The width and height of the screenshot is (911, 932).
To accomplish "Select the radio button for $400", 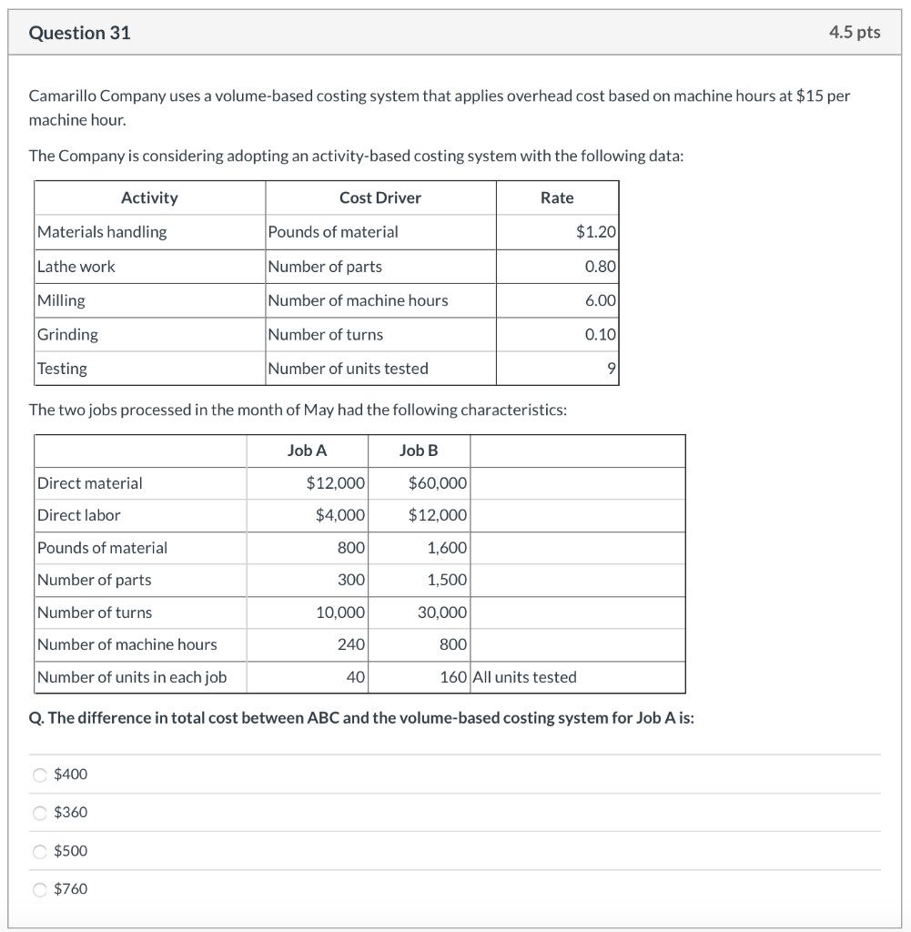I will click(x=40, y=775).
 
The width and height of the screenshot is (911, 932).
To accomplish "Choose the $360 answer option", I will click(x=40, y=813).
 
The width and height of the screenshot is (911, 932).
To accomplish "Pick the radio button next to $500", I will click(x=40, y=851).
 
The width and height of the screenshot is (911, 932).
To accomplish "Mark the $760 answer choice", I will click(x=40, y=889).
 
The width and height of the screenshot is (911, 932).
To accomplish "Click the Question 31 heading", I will click(x=79, y=33).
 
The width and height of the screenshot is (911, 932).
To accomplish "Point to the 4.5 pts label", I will click(x=855, y=33).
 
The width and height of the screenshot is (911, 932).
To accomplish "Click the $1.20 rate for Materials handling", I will click(x=596, y=232).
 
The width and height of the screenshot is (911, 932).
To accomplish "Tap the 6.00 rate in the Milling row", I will click(x=601, y=300).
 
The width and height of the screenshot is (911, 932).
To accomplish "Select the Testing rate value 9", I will click(x=612, y=369).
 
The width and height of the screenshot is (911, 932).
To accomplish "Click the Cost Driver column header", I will click(x=380, y=198).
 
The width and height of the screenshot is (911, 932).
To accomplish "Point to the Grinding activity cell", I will click(x=67, y=335).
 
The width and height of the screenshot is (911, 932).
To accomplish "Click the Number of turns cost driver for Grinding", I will click(x=326, y=335).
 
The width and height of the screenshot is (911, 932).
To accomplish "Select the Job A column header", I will click(x=307, y=451).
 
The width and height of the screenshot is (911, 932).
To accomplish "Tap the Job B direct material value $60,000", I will click(x=438, y=483).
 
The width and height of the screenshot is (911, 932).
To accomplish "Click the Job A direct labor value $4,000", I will click(x=339, y=515).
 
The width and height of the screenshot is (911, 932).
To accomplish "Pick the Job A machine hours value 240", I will click(x=351, y=644).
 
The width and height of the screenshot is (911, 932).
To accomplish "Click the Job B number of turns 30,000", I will click(x=442, y=613).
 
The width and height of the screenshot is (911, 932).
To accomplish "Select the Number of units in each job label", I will click(x=132, y=677).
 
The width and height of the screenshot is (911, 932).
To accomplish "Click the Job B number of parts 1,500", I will click(x=447, y=580).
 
